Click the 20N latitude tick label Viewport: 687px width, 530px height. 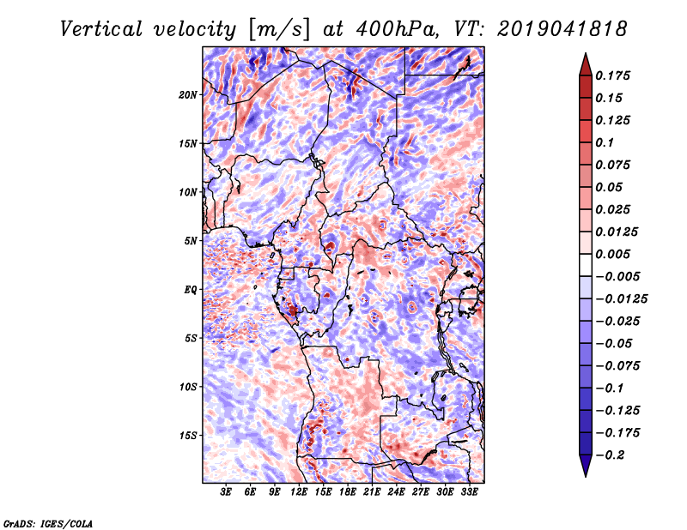coord(188,94)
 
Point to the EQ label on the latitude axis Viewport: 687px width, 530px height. coord(191,290)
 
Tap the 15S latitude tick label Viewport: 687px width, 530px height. coord(188,436)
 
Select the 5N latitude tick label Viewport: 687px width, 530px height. coord(191,241)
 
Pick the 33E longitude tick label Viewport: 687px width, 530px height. coord(469,492)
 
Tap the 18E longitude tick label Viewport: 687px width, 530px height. coord(348,492)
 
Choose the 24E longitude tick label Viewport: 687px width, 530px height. coord(396,492)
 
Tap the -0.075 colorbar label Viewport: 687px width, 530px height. coord(617,365)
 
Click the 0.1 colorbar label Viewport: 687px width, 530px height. coord(605,142)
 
